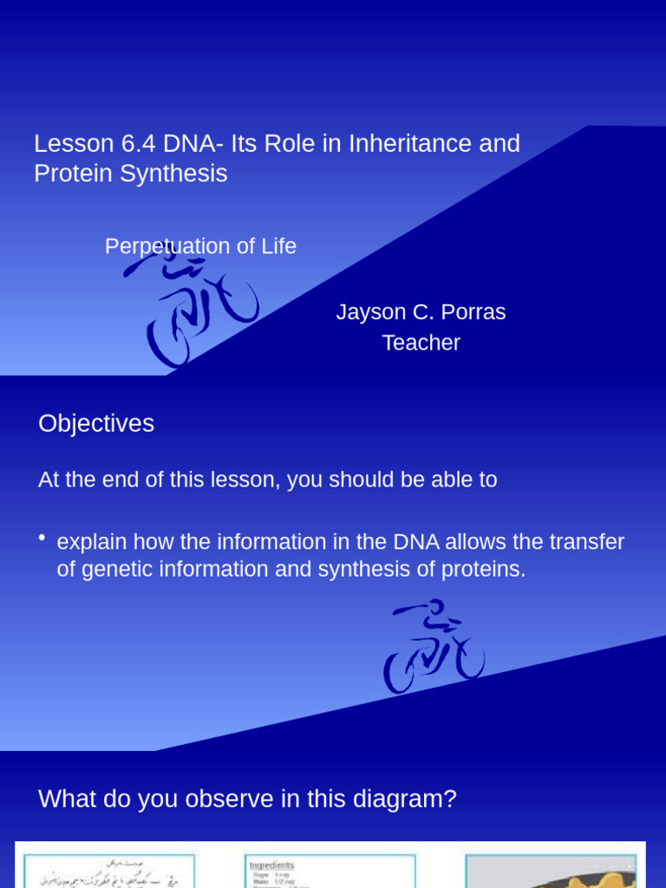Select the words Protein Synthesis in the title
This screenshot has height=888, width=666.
click(x=130, y=173)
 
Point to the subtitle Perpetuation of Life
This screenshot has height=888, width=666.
click(x=200, y=246)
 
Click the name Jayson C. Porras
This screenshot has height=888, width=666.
click(x=421, y=312)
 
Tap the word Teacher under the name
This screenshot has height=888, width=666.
click(x=421, y=343)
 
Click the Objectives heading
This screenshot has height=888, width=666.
click(x=96, y=424)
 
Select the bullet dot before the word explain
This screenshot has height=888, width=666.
click(x=42, y=539)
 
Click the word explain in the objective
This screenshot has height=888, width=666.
click(x=90, y=543)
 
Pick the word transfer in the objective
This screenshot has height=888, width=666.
click(x=587, y=543)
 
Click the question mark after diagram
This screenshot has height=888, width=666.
click(x=449, y=800)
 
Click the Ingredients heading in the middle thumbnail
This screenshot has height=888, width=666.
click(x=271, y=865)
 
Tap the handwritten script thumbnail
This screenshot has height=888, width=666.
click(x=108, y=871)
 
